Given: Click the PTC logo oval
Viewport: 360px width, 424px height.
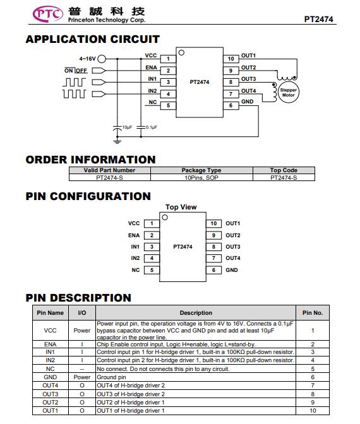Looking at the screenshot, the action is pos(47,14).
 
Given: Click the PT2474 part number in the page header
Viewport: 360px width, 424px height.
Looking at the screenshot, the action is pos(318,19).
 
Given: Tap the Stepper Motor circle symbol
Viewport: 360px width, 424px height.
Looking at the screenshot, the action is pos(289,93).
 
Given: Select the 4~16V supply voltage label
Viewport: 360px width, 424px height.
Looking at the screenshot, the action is pos(87,59).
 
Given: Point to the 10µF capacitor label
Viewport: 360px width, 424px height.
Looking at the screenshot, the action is pos(127,127).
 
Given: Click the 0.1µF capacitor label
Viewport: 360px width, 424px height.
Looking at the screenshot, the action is pos(152,127).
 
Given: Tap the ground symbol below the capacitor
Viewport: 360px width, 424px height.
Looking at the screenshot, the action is pos(117,141).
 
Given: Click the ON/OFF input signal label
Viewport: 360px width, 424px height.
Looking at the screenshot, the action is pos(76,71).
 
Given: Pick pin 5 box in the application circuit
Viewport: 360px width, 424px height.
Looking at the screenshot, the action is pos(168,105).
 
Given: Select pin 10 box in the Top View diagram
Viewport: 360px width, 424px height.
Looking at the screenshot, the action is pos(213,223).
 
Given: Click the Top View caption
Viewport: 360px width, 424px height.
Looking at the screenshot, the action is pos(181,207).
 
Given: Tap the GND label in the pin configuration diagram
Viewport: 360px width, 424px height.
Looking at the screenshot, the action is pos(232,270).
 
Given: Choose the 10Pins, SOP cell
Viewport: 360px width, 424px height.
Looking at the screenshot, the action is pos(201,178).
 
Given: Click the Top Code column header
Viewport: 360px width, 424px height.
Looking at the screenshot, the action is pos(284,170).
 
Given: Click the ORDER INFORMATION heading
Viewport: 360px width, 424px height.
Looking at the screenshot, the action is pos(91,160).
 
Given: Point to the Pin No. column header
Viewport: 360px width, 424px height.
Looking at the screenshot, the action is pos(313,313).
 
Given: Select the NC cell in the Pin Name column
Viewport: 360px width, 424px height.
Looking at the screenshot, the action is pos(51,369).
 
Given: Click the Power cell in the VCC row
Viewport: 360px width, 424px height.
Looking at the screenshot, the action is pos(82,331).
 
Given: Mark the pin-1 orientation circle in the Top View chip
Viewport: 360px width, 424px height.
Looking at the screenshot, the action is pos(165,218).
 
